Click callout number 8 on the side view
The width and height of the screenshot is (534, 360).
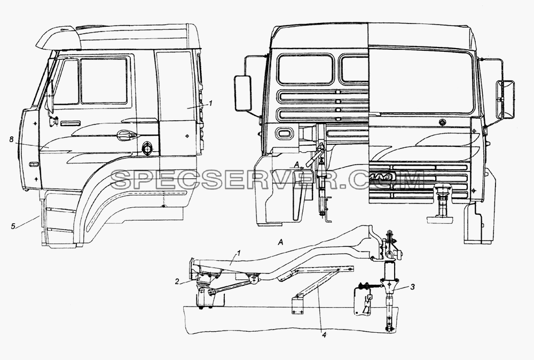(11, 139)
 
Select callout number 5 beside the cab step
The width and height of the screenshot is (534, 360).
(13, 226)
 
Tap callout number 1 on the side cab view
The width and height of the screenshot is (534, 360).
(210, 103)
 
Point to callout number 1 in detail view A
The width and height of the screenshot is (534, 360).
(239, 253)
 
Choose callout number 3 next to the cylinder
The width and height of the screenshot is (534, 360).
(412, 287)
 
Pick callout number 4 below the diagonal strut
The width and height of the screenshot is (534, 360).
(324, 335)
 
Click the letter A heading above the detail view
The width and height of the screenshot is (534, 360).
(281, 242)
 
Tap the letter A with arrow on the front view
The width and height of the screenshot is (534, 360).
(297, 165)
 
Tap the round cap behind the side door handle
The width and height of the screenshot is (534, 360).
(148, 148)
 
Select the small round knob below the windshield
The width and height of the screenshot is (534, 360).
(442, 122)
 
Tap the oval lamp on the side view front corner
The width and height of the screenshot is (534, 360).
(34, 165)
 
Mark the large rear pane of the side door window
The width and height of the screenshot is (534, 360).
(104, 81)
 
